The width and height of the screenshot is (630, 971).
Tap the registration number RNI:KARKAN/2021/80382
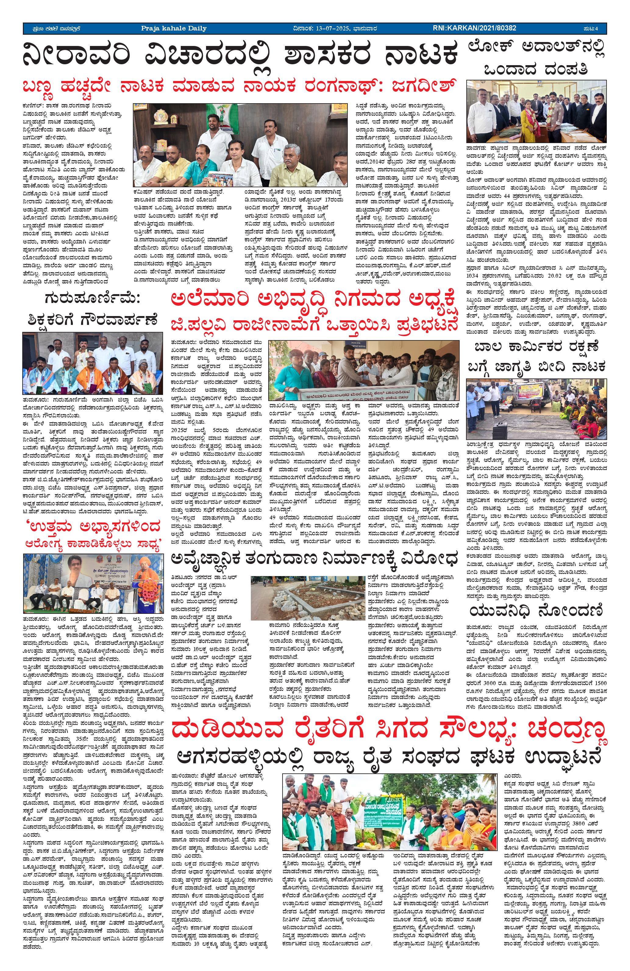(x=475, y=28)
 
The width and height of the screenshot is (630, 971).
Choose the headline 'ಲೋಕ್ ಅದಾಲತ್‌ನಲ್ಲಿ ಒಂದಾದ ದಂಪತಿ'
(x=536, y=58)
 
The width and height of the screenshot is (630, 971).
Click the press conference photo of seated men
(x=240, y=145)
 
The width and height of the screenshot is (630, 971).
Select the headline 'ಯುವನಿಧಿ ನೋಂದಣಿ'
(x=536, y=611)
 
